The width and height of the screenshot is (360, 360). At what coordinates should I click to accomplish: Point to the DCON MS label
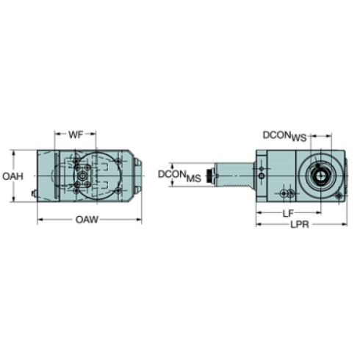coord(179,176)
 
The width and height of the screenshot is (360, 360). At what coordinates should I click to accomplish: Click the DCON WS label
coord(284,136)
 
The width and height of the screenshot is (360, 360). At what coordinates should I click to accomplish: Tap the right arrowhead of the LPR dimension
coord(345,224)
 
